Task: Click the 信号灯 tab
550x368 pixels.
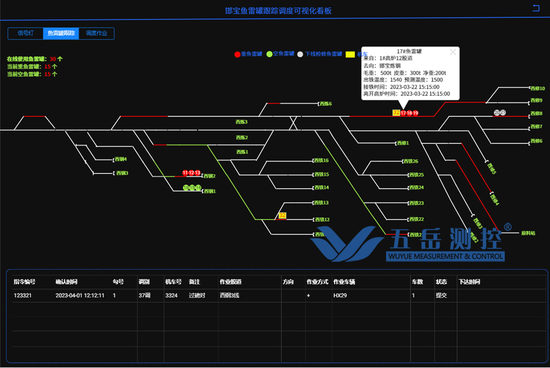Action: pos(25,34)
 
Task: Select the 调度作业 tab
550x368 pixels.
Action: pos(97,34)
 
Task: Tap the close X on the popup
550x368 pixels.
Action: pos(453,52)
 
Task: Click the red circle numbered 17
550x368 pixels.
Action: pos(403,114)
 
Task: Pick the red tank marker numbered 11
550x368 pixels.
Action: pos(185,173)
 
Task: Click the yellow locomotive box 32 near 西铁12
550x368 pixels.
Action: pos(282,215)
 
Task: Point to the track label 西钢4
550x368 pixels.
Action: pos(120,160)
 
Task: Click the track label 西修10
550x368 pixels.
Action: pos(537,88)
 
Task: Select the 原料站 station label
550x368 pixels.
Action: pos(528,233)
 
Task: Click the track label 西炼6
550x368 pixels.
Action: pos(325,104)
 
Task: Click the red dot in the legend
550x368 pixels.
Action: pos(238,54)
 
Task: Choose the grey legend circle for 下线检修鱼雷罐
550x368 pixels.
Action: pos(300,54)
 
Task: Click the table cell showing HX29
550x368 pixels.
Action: pos(340,295)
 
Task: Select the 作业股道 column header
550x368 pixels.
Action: pos(230,282)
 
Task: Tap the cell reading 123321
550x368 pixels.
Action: pos(23,295)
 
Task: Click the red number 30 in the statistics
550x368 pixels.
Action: pos(53,59)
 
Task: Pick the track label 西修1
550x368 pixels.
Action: pos(402,143)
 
